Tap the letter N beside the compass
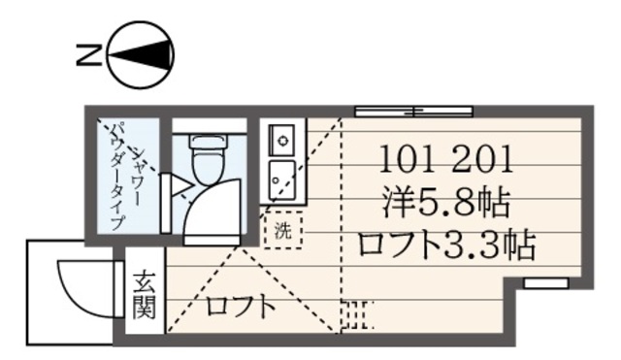(86, 55)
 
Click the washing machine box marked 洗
(282, 231)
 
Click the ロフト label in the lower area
(239, 309)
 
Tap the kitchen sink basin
(282, 177)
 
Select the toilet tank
(206, 142)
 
